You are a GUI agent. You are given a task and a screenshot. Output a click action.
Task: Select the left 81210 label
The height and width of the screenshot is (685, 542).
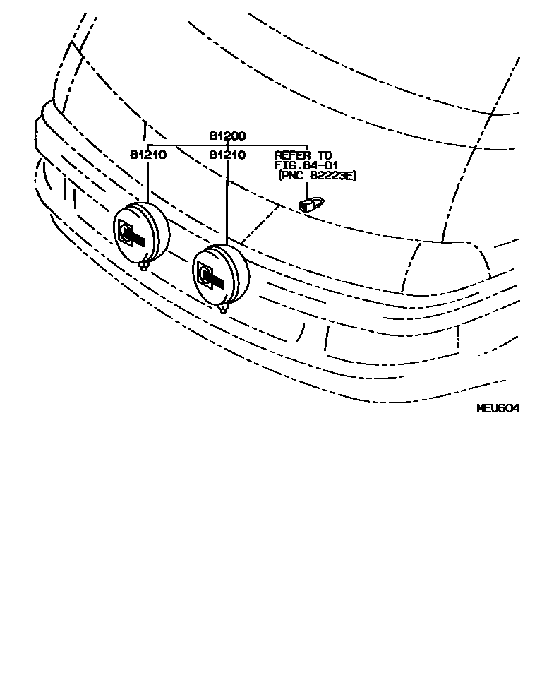tap(147, 155)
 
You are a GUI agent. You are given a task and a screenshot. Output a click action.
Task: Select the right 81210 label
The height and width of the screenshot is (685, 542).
tap(227, 155)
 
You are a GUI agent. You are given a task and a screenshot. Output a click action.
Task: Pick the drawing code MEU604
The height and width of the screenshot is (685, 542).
tap(498, 408)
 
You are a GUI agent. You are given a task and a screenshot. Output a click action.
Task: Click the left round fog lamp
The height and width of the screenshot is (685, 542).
tap(142, 232)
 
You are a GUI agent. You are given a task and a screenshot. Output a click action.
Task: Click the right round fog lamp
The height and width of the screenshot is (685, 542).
tap(220, 275)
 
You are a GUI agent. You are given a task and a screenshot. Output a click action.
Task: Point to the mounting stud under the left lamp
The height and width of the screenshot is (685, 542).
tap(145, 266)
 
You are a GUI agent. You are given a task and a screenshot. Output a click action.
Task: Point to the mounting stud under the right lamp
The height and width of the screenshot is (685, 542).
tap(223, 308)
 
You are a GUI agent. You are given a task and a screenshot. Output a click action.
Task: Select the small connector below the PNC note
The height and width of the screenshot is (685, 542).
tap(310, 205)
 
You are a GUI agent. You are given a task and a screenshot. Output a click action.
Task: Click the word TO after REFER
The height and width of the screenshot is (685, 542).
tap(323, 155)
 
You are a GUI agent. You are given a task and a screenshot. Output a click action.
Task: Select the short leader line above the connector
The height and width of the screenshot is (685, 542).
tap(307, 189)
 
